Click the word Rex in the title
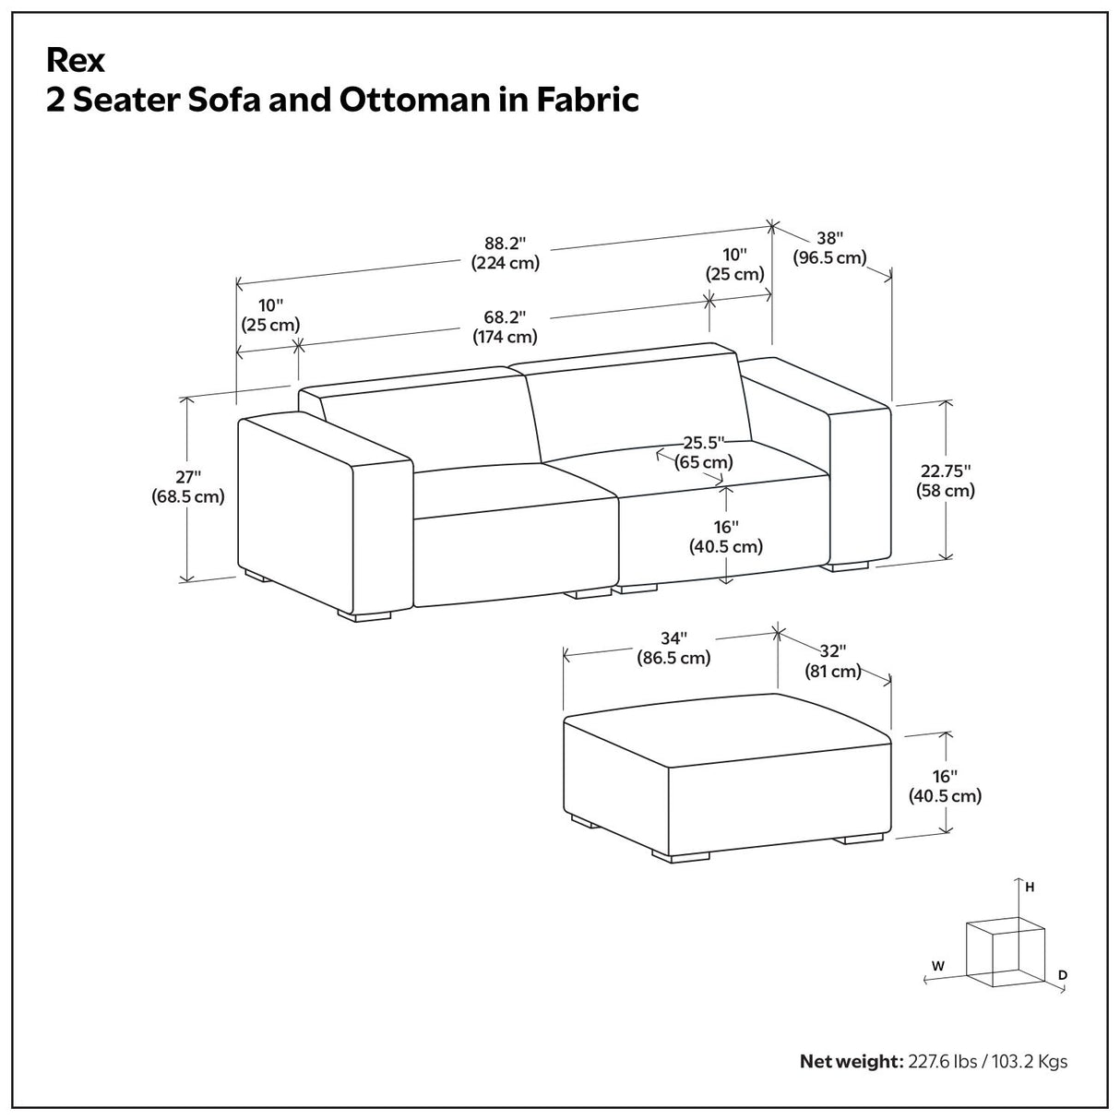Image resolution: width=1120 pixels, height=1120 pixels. point(76,61)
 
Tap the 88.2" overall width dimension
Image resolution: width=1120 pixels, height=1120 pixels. point(505,253)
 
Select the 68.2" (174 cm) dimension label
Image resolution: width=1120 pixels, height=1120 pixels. point(505,327)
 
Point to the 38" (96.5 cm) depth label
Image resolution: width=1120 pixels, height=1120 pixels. point(830,247)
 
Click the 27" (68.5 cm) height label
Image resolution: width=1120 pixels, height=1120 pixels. point(188,487)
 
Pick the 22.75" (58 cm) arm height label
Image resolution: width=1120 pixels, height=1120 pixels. point(946,481)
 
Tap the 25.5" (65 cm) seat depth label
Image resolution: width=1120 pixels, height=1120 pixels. point(704,452)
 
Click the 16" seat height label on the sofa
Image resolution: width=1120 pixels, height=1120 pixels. point(726,536)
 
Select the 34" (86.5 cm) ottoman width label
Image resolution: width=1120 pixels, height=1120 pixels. point(673,648)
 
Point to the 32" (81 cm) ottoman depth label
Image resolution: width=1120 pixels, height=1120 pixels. point(833,661)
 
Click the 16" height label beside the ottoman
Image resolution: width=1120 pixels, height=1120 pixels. point(945,785)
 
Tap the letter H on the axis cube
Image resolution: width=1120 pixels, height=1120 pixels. point(1030,888)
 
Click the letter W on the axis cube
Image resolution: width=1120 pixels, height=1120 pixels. point(937,966)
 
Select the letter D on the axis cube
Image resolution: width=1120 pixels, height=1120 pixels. point(1063,974)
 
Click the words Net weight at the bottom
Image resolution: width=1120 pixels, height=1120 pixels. point(849,1061)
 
